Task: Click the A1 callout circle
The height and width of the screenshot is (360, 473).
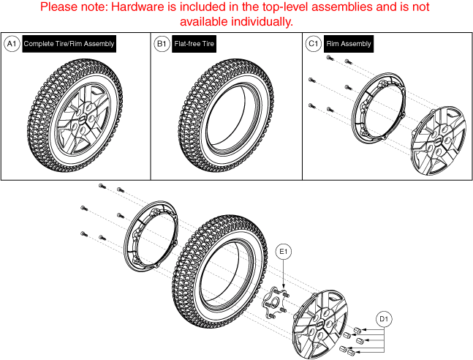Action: click(12, 44)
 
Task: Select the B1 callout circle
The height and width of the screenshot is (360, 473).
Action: click(162, 44)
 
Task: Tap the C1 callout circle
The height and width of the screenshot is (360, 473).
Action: click(313, 44)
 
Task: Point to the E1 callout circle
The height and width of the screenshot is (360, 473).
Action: click(285, 252)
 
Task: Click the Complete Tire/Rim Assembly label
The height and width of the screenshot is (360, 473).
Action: click(69, 44)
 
